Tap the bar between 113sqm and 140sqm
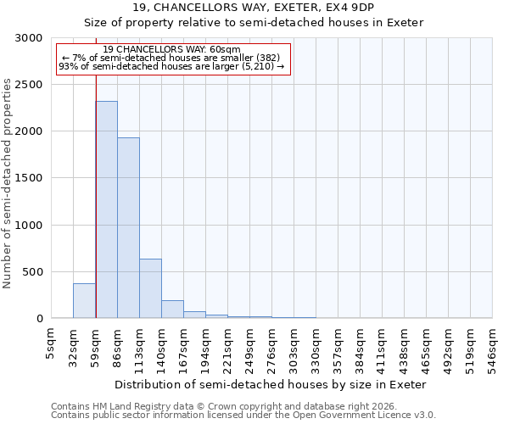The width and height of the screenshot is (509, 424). [151, 288]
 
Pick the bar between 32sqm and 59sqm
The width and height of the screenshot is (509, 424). [85, 301]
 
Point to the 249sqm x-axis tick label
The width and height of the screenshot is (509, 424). [250, 345]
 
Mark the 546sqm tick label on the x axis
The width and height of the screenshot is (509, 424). [493, 345]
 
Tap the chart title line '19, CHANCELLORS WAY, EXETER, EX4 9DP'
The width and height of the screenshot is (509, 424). [254, 8]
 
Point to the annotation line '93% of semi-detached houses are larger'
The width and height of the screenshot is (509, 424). [171, 66]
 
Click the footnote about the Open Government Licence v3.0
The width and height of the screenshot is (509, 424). [243, 416]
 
